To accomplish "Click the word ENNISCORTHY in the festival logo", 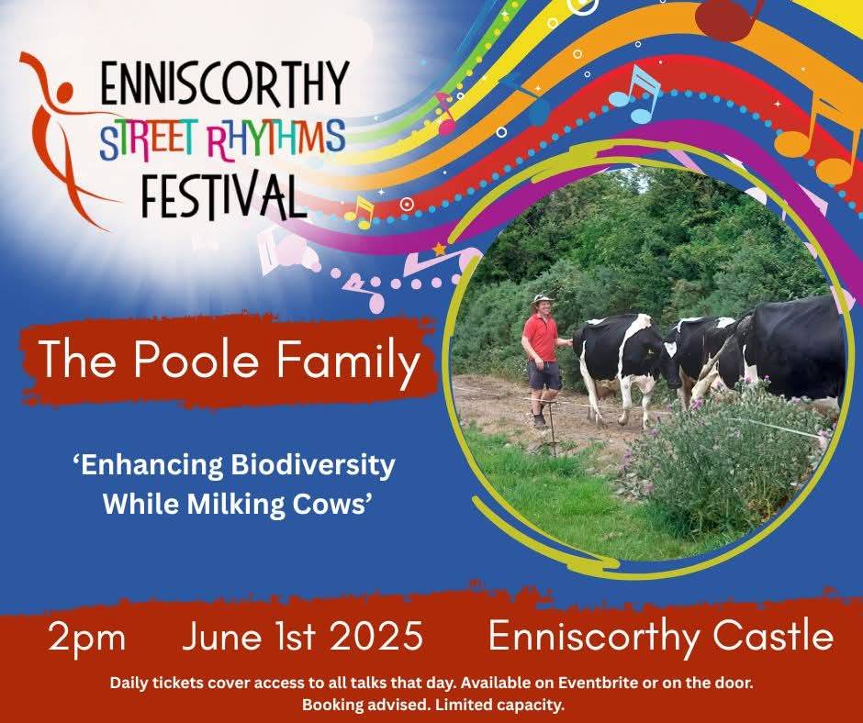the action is (x=225, y=83).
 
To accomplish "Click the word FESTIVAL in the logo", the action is (x=223, y=195).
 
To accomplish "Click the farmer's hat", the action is (x=542, y=299).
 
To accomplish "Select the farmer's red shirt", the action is (x=541, y=336).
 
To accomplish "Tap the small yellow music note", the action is (x=360, y=212).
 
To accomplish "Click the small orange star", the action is (x=439, y=250).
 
